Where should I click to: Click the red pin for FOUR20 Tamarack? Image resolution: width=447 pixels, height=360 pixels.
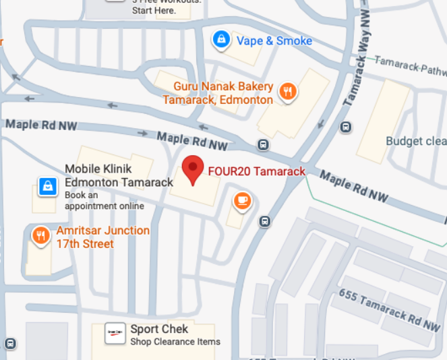(x=193, y=168)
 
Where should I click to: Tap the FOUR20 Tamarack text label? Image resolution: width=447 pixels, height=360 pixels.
(x=256, y=171)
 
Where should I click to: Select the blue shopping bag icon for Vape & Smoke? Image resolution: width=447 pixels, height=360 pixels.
(x=220, y=40)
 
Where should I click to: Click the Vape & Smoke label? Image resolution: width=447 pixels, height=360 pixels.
(x=274, y=41)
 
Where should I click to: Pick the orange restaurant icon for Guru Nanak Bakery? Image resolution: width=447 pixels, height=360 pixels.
(x=289, y=92)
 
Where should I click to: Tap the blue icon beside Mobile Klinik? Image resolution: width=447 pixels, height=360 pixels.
(x=47, y=185)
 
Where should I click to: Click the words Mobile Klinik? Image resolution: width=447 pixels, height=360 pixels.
(x=98, y=169)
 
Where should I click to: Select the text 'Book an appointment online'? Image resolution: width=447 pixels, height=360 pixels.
(x=105, y=200)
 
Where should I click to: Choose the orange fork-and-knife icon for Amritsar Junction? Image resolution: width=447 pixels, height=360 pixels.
(x=41, y=235)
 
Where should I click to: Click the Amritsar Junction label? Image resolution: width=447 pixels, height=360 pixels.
(x=102, y=237)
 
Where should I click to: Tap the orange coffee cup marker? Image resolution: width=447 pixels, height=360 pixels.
(x=242, y=200)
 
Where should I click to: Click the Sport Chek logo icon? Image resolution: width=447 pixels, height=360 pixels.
(x=116, y=334)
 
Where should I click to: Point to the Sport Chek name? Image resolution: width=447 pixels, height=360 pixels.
(x=159, y=329)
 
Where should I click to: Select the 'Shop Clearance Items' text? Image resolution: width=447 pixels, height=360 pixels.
(x=175, y=342)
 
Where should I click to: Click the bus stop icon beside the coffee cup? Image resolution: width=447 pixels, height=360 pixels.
(x=266, y=221)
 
